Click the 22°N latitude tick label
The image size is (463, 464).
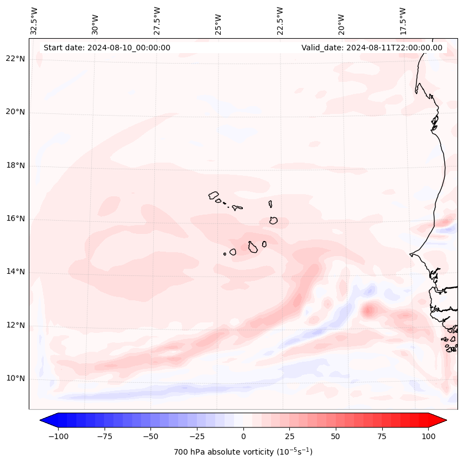[15, 59]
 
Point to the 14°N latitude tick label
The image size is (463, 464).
[15, 272]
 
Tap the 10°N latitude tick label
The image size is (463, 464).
[15, 378]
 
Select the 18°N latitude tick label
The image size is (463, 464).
[15, 165]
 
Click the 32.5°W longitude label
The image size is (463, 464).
[35, 20]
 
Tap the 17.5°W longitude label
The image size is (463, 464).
[403, 20]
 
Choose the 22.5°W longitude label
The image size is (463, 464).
[280, 20]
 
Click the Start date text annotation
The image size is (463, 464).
[107, 48]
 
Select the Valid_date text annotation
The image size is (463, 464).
[372, 48]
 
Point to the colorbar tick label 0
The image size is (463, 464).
[243, 436]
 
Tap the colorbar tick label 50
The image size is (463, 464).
[335, 436]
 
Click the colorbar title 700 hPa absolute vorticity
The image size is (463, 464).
[243, 452]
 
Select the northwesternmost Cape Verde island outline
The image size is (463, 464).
[214, 195]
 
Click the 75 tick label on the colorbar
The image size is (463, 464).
[382, 436]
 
